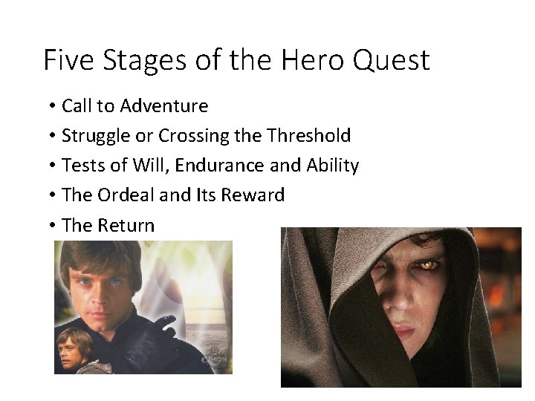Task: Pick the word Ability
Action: coord(333,166)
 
